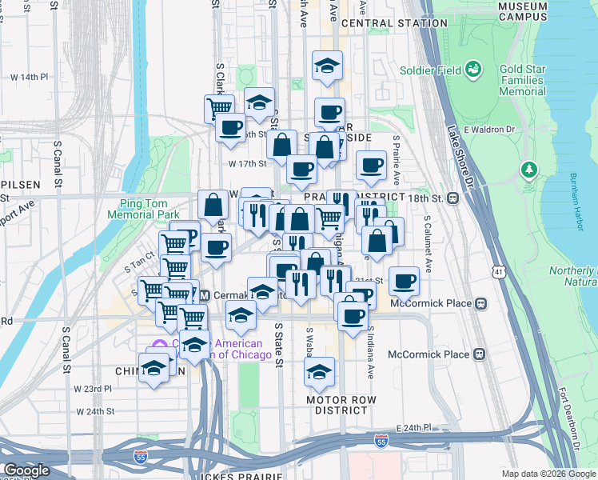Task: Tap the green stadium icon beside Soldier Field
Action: (x=474, y=70)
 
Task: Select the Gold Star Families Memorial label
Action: (x=523, y=81)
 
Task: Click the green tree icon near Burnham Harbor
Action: (x=528, y=170)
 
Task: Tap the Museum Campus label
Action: (x=522, y=11)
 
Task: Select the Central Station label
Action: (x=394, y=23)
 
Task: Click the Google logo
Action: (x=26, y=470)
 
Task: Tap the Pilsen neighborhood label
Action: (x=20, y=184)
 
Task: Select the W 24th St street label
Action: (x=96, y=411)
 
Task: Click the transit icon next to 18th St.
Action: (x=452, y=198)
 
